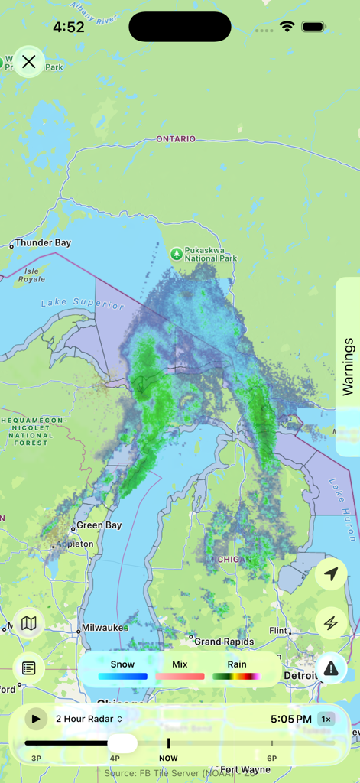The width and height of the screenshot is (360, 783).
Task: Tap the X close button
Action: pyautogui.click(x=29, y=62)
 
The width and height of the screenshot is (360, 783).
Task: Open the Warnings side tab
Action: pyautogui.click(x=348, y=366)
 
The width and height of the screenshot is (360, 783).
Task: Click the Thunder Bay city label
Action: pyautogui.click(x=43, y=243)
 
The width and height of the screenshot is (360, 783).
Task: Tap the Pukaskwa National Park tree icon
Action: pyautogui.click(x=177, y=252)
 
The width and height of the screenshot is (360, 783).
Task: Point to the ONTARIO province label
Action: pyautogui.click(x=176, y=139)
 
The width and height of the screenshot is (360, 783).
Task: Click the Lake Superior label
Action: pyautogui.click(x=83, y=304)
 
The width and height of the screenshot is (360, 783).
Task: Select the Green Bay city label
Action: pyautogui.click(x=99, y=526)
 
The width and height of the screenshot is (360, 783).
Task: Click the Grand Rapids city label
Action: pyautogui.click(x=219, y=642)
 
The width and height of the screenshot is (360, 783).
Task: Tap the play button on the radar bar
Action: pyautogui.click(x=35, y=719)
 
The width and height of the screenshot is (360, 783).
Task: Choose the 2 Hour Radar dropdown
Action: pyautogui.click(x=89, y=719)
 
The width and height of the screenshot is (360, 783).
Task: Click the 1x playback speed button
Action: pyautogui.click(x=326, y=719)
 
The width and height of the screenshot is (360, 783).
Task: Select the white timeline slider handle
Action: pyautogui.click(x=122, y=742)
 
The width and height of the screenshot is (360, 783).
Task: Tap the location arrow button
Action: pyautogui.click(x=331, y=574)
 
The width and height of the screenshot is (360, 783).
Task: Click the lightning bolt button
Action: pyautogui.click(x=331, y=623)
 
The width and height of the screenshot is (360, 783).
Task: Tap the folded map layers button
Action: pyautogui.click(x=29, y=623)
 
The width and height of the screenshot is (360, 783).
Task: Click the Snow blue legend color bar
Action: pyautogui.click(x=122, y=676)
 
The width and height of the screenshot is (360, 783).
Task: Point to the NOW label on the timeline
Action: pyautogui.click(x=168, y=759)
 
